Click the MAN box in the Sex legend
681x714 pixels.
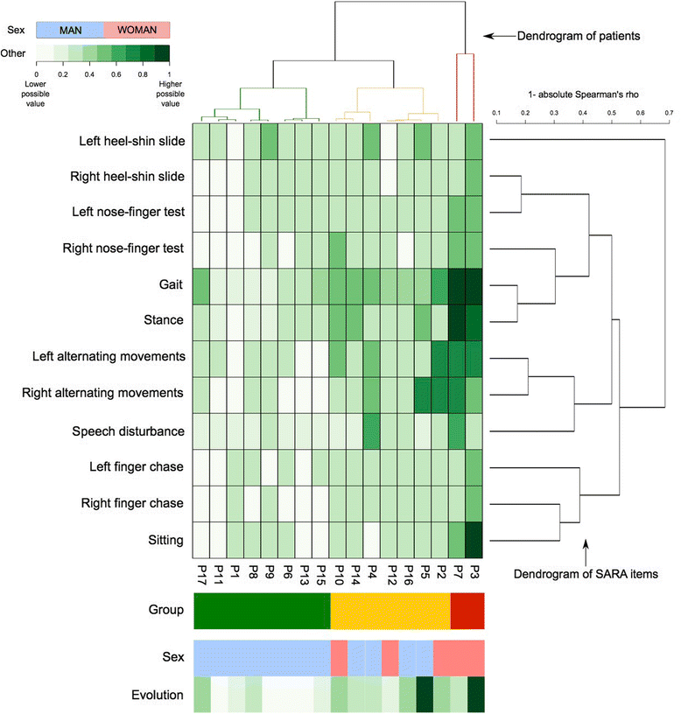click(x=69, y=30)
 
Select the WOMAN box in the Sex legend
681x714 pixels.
click(x=137, y=30)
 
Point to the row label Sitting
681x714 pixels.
click(x=165, y=540)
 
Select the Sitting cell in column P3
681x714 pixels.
click(x=474, y=540)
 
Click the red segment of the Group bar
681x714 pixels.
click(x=466, y=610)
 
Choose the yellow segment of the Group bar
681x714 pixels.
click(x=390, y=610)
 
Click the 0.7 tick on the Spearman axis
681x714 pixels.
click(x=669, y=112)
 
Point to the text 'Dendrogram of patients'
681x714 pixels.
click(x=567, y=36)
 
